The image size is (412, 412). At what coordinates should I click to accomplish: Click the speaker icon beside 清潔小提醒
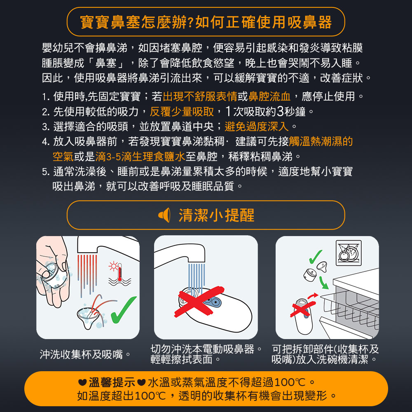click(164, 215)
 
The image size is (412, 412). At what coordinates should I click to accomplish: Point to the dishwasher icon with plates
click(349, 253)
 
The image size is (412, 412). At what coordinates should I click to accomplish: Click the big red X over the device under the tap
click(199, 302)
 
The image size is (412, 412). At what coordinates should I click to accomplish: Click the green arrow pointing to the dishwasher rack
click(323, 283)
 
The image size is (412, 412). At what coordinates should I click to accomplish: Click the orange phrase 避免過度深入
click(256, 126)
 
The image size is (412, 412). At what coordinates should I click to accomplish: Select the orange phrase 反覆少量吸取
click(182, 112)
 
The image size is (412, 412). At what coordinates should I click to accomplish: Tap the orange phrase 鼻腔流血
click(269, 96)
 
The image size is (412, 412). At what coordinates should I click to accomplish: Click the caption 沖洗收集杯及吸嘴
click(81, 354)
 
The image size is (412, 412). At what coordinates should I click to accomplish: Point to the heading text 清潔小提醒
click(217, 215)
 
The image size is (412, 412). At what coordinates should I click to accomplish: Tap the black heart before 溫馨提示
click(82, 382)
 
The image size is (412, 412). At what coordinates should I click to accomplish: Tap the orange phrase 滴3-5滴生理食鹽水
click(140, 157)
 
